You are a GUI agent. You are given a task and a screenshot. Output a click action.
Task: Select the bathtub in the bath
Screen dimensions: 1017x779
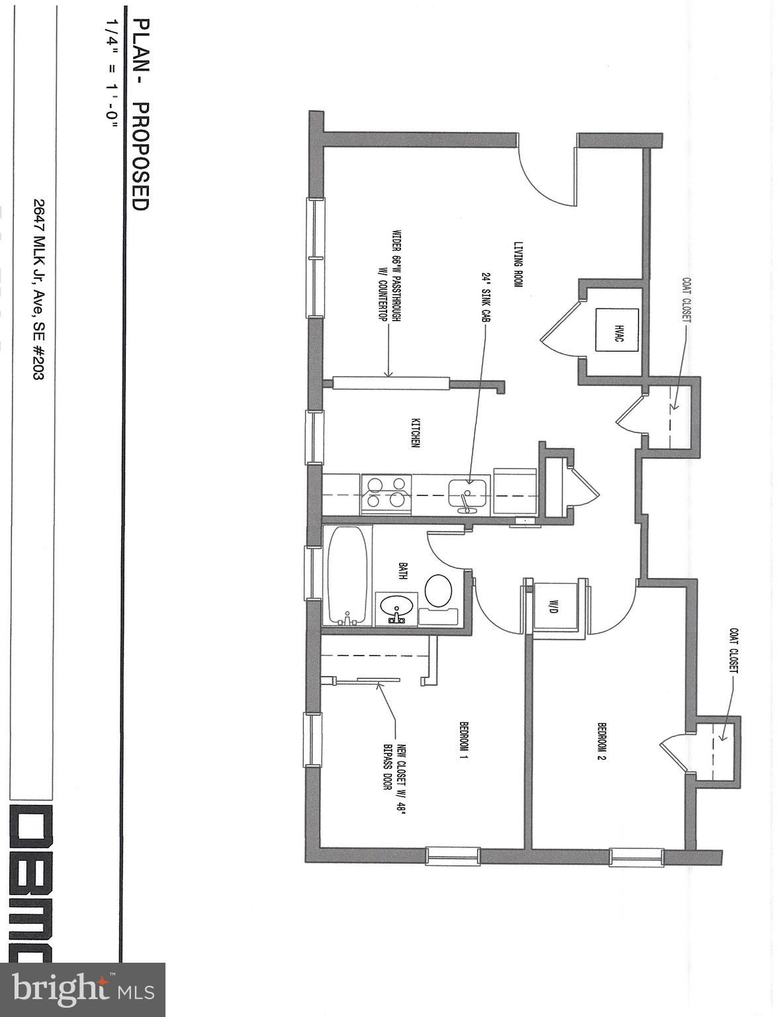pos(347,575)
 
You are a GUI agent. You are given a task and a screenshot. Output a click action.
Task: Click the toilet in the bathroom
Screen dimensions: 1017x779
pos(437,591)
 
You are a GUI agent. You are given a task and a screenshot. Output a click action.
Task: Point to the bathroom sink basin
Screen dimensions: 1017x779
pos(396,608)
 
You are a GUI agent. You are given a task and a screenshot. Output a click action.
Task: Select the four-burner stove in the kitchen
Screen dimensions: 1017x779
pos(387,494)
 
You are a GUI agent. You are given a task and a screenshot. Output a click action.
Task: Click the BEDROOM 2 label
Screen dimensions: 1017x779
pos(602,740)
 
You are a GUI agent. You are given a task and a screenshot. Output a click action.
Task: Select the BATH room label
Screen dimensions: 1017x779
pos(402,571)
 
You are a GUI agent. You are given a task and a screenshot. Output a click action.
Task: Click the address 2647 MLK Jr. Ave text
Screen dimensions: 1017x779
pos(38,290)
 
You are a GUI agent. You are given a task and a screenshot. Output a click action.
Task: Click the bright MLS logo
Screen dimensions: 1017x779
pos(83,989)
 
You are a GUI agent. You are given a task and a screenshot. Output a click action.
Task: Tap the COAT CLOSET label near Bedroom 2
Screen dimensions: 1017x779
pos(733,650)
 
